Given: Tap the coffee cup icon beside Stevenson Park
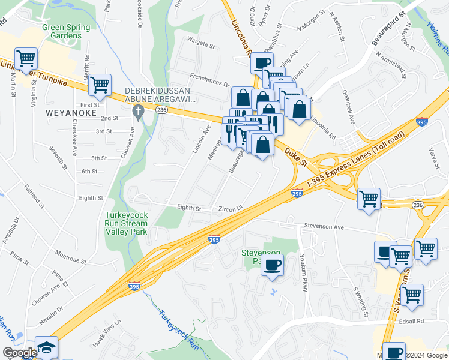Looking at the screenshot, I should click(x=272, y=265).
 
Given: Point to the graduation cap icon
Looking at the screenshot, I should click(x=46, y=349).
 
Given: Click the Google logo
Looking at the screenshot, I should click(x=19, y=353).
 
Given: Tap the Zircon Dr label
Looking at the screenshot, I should click(x=231, y=208).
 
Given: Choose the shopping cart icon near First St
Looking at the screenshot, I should click(x=100, y=85).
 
